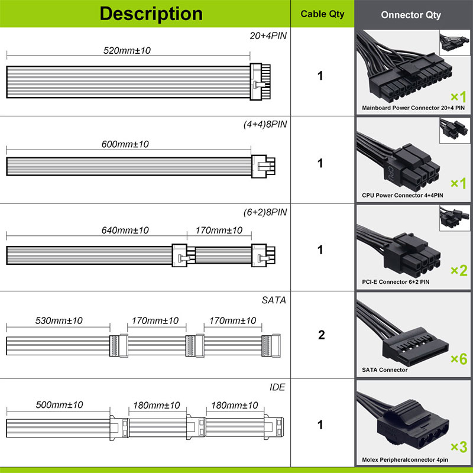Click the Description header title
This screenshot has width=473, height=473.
151,14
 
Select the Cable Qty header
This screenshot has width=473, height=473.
322,14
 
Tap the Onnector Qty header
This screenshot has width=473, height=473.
411,15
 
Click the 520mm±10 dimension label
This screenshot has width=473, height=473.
127,50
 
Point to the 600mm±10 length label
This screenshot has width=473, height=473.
125,144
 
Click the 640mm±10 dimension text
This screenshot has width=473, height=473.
125,231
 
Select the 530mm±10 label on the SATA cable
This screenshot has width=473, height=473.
59,320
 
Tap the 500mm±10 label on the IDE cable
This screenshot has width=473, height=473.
60,405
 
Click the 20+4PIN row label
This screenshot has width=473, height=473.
268,35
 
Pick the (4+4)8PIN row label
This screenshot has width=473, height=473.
265,124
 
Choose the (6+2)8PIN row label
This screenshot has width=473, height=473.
265,212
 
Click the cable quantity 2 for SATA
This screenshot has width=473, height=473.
322,335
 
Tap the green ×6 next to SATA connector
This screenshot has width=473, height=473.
459,359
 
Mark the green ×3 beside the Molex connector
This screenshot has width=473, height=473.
459,447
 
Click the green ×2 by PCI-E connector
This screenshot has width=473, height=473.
459,271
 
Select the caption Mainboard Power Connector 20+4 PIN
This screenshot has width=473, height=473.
413,108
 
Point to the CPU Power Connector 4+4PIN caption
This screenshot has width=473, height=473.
403,195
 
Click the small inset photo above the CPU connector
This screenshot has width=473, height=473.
455,131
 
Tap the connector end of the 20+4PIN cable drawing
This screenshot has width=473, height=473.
260,82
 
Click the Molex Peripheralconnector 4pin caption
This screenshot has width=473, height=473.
405,460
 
